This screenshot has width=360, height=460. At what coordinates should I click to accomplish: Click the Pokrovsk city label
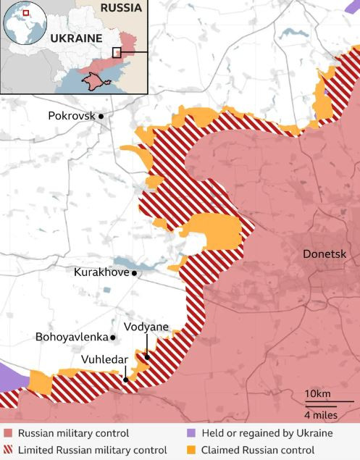(71, 115)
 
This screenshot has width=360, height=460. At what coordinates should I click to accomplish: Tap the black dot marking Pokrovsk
(101, 116)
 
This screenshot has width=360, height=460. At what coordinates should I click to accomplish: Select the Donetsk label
(325, 254)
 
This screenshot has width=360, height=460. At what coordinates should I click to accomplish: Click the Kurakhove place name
(101, 273)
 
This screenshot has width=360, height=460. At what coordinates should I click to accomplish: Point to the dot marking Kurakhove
(134, 274)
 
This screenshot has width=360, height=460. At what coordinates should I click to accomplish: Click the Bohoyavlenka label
(71, 337)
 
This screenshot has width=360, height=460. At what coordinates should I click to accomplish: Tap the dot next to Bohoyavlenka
(113, 338)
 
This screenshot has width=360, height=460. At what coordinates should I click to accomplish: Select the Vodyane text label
(146, 327)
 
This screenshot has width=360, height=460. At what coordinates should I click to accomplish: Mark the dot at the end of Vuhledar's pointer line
(125, 379)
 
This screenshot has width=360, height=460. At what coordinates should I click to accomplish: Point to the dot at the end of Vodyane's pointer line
(147, 356)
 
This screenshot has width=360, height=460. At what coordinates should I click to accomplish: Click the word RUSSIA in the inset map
(121, 8)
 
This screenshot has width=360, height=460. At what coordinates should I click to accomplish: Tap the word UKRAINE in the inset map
(75, 38)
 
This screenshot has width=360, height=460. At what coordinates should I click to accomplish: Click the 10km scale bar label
(318, 393)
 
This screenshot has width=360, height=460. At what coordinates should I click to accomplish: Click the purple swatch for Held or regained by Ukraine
(191, 433)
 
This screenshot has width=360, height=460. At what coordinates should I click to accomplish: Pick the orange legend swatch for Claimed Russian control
(191, 450)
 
